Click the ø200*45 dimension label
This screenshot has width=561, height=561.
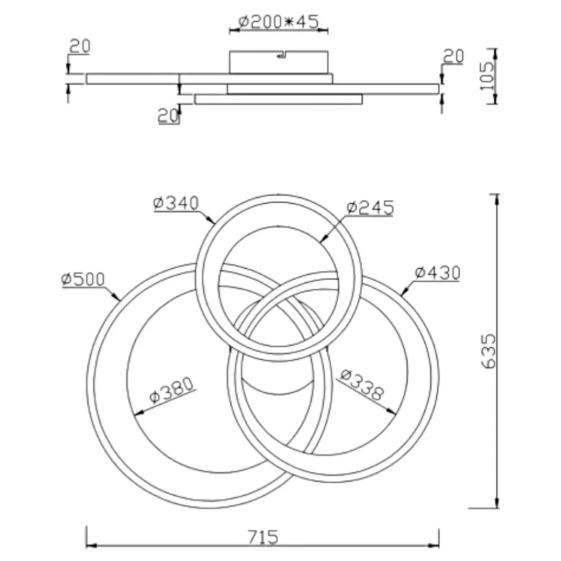[x=278, y=22]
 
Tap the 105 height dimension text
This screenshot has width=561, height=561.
[x=486, y=76]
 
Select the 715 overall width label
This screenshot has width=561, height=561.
[x=263, y=537]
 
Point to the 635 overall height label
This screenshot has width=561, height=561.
[x=489, y=351]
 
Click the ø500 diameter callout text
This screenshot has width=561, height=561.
[x=82, y=279]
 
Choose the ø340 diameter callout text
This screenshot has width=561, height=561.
[x=176, y=203]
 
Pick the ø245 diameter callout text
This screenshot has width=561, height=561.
[x=370, y=208]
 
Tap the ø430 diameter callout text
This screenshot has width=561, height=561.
[x=437, y=273]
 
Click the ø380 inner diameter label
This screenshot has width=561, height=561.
[x=172, y=390]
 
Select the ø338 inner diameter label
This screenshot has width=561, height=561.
[x=362, y=385]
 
